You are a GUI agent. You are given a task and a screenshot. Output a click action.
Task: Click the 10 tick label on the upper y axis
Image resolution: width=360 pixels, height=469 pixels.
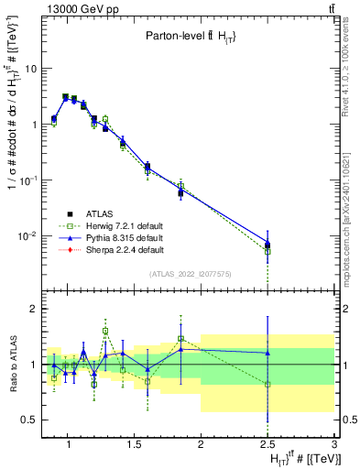[x=28, y=68]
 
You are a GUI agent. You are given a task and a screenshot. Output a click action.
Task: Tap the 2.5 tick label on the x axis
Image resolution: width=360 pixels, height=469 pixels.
[x=267, y=444]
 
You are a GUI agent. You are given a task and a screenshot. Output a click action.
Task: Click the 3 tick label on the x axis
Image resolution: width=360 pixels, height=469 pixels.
[x=334, y=444]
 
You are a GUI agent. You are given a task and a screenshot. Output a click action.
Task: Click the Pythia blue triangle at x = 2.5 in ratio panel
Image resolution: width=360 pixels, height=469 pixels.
[x=267, y=353]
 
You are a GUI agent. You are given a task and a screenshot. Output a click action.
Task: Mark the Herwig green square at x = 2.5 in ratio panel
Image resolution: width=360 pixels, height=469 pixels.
[x=267, y=385]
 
